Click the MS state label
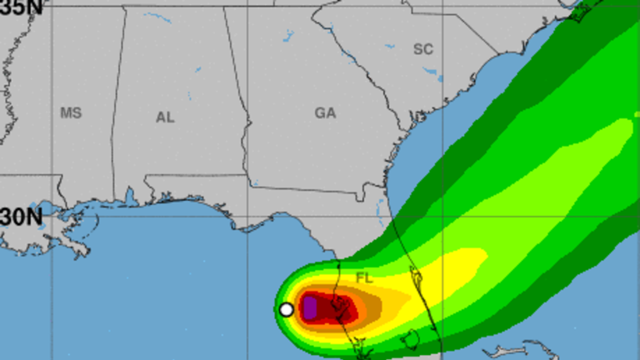coord(71,112)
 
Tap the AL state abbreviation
coord(165,117)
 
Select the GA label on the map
coord(325,113)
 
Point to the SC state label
coord(423,50)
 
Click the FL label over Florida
coord(365,277)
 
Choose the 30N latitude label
coord(21,217)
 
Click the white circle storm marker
coord(286,309)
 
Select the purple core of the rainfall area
coord(309,308)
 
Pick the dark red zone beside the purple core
coord(342,310)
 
